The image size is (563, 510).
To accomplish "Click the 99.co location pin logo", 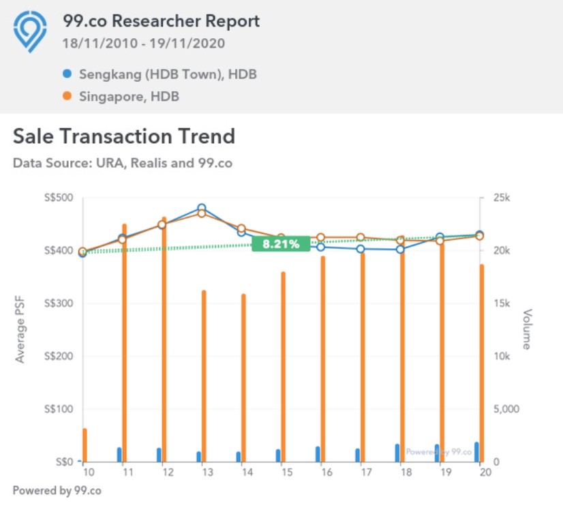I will pyautogui.click(x=30, y=31).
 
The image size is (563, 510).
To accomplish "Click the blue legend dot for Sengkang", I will pyautogui.click(x=67, y=74).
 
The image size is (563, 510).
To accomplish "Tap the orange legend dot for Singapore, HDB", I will pyautogui.click(x=67, y=96).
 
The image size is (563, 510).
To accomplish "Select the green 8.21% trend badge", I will pyautogui.click(x=281, y=244).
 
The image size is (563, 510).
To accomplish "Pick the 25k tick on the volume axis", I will pyautogui.click(x=502, y=198).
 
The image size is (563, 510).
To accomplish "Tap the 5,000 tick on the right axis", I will pyautogui.click(x=506, y=409).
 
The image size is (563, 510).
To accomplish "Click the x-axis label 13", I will pyautogui.click(x=202, y=472).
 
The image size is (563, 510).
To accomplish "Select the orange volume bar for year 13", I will pyautogui.click(x=203, y=375).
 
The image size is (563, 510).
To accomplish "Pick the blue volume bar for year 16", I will pyautogui.click(x=317, y=454).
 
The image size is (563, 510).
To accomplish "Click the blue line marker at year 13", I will pyautogui.click(x=202, y=208).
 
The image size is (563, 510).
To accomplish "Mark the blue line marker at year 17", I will pyautogui.click(x=361, y=249).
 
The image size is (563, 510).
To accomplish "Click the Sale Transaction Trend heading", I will pyautogui.click(x=124, y=136).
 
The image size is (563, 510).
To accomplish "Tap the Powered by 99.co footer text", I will pyautogui.click(x=57, y=490).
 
